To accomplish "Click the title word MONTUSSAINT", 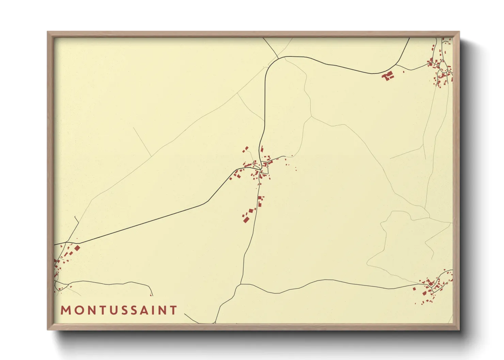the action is [119, 310].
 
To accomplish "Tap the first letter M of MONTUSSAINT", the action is [65, 310].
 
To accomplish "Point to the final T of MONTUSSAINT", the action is [174, 310].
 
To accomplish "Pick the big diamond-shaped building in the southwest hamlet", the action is [77, 248].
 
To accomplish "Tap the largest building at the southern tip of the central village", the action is [246, 220].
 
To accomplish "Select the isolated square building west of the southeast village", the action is [414, 289].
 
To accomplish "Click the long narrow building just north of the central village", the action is [262, 149].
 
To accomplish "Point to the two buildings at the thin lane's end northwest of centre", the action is [245, 149].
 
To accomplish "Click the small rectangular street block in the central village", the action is [263, 176].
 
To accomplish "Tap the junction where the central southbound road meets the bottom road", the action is [241, 284].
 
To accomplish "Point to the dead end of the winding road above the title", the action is [152, 295].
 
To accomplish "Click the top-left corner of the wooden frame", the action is [48, 32].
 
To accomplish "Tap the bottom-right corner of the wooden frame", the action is [459, 330].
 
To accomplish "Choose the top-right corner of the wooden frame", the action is [459, 32].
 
